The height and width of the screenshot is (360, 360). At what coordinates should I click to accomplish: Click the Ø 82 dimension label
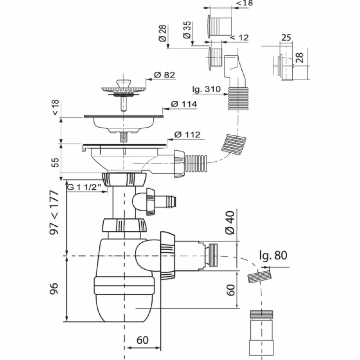(x=165, y=75)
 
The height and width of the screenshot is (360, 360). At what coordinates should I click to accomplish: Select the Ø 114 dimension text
(x=184, y=104)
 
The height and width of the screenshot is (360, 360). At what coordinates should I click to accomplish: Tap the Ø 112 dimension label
(x=187, y=135)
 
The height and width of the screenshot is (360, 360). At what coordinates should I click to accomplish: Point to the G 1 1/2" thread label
(x=84, y=187)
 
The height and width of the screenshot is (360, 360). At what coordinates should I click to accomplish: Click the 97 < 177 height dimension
(x=54, y=212)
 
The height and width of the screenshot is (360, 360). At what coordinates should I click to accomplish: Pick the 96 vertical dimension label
(x=54, y=288)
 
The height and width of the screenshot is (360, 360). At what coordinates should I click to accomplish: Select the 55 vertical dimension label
(x=55, y=162)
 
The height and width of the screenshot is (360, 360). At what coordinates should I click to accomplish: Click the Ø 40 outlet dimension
(x=230, y=222)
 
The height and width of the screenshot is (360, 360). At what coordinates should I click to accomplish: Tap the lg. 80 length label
(x=273, y=255)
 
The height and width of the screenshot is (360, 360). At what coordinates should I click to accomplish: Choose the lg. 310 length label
(x=206, y=89)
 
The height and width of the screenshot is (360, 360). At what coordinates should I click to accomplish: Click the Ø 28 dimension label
(x=162, y=33)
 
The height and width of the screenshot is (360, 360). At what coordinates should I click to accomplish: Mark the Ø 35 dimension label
(x=187, y=30)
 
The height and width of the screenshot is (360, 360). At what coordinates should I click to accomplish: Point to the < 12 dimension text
(x=239, y=37)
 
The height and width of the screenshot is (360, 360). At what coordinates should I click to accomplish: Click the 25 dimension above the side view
(x=286, y=38)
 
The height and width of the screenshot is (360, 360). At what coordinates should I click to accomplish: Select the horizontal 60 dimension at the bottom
(x=142, y=340)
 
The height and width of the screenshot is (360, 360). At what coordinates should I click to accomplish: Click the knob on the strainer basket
(x=123, y=83)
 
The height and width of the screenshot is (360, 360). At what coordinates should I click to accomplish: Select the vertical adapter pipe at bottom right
(x=261, y=335)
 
